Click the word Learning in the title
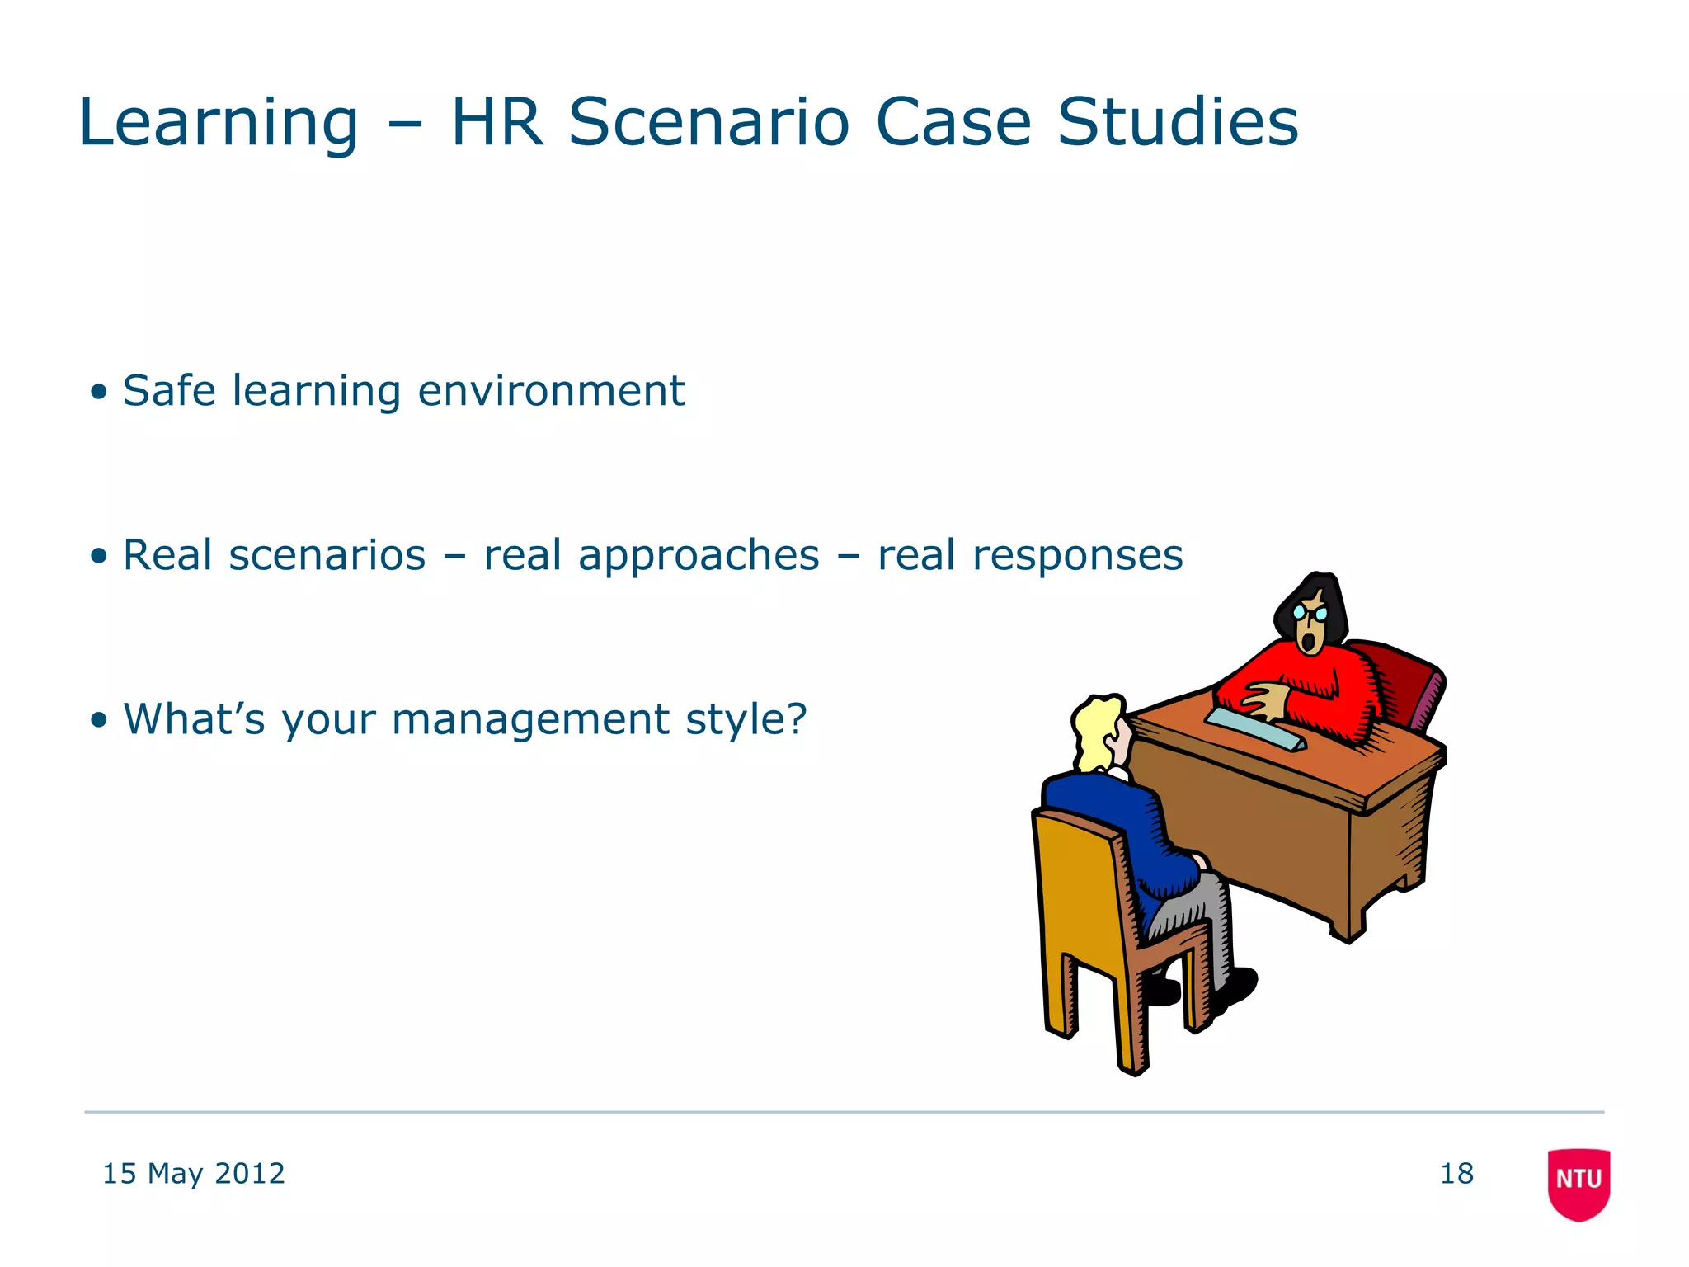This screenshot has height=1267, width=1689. pyautogui.click(x=219, y=124)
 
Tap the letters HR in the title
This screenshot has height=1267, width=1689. pyautogui.click(x=497, y=122)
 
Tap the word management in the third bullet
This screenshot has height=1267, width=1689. pyautogui.click(x=530, y=719)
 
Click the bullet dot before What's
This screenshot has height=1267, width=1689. pyautogui.click(x=100, y=720)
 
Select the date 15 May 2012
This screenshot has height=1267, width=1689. pyautogui.click(x=193, y=1173)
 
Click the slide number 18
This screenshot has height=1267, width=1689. pyautogui.click(x=1456, y=1173)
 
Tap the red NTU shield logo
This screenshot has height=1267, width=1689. pyautogui.click(x=1578, y=1183)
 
